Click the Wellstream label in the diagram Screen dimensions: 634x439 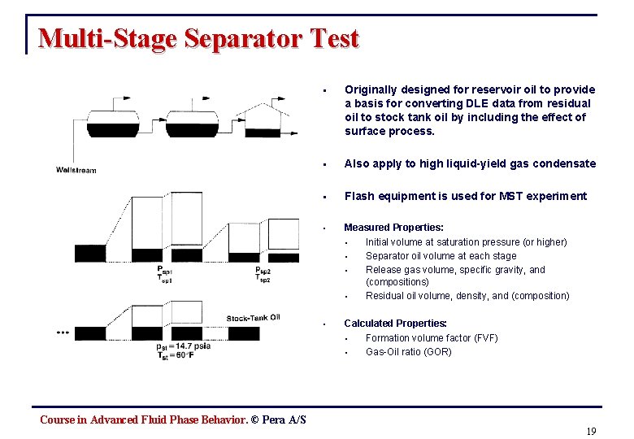[76, 170]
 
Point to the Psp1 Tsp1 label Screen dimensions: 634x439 [166, 274]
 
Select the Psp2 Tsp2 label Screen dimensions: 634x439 [264, 274]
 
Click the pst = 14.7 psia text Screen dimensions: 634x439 [184, 346]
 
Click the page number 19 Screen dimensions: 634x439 [591, 431]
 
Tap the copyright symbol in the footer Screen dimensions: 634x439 [254, 419]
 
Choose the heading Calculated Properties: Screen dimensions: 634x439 [396, 323]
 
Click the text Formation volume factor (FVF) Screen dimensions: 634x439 [432, 337]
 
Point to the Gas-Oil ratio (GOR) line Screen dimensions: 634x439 [408, 351]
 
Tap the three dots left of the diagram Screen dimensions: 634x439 [63, 333]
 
